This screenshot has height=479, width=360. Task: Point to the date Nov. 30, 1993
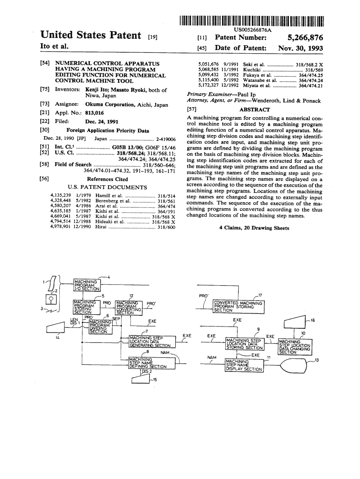300,48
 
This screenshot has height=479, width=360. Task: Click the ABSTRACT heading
254,109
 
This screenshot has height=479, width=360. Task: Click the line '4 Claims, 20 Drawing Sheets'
254,228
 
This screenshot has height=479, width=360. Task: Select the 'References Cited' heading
108,179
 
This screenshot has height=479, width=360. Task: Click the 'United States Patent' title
91,36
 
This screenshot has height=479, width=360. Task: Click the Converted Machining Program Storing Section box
238,306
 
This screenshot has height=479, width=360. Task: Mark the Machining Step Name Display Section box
244,365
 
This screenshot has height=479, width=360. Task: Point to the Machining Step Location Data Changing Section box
294,347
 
